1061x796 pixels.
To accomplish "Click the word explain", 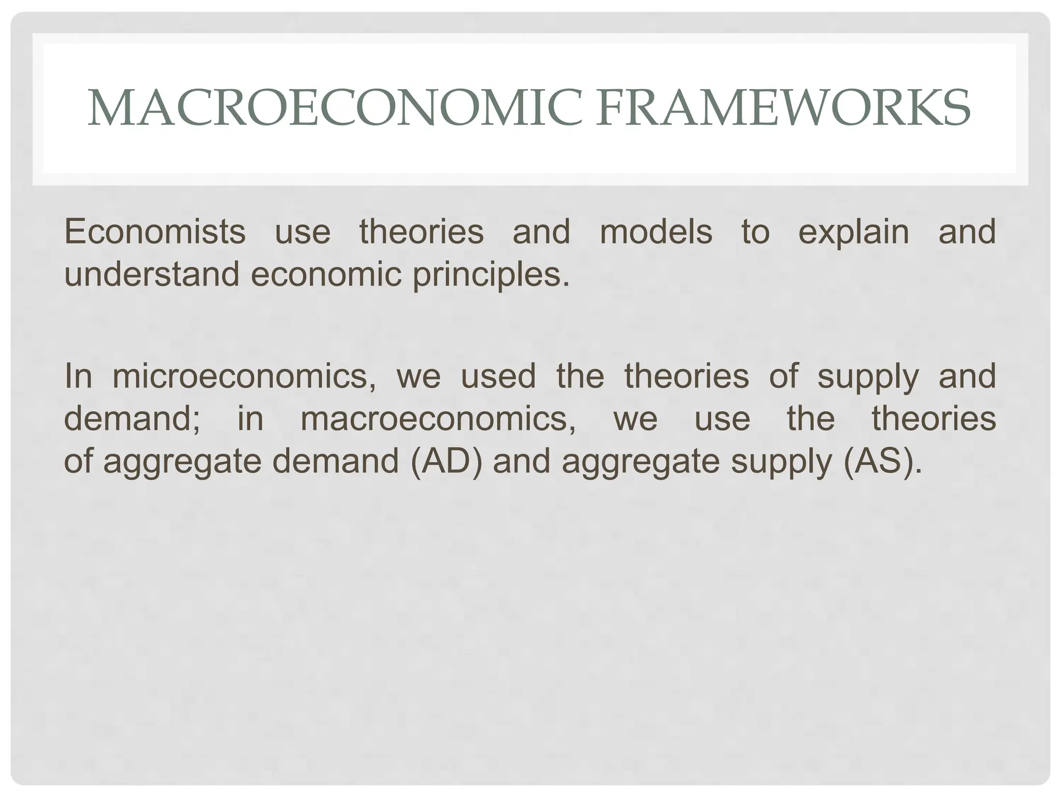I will tap(853, 232).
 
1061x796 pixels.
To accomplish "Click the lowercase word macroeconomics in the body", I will tap(438, 418).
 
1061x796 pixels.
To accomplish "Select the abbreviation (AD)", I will tap(446, 461).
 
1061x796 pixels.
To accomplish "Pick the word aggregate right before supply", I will tap(641, 462).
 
